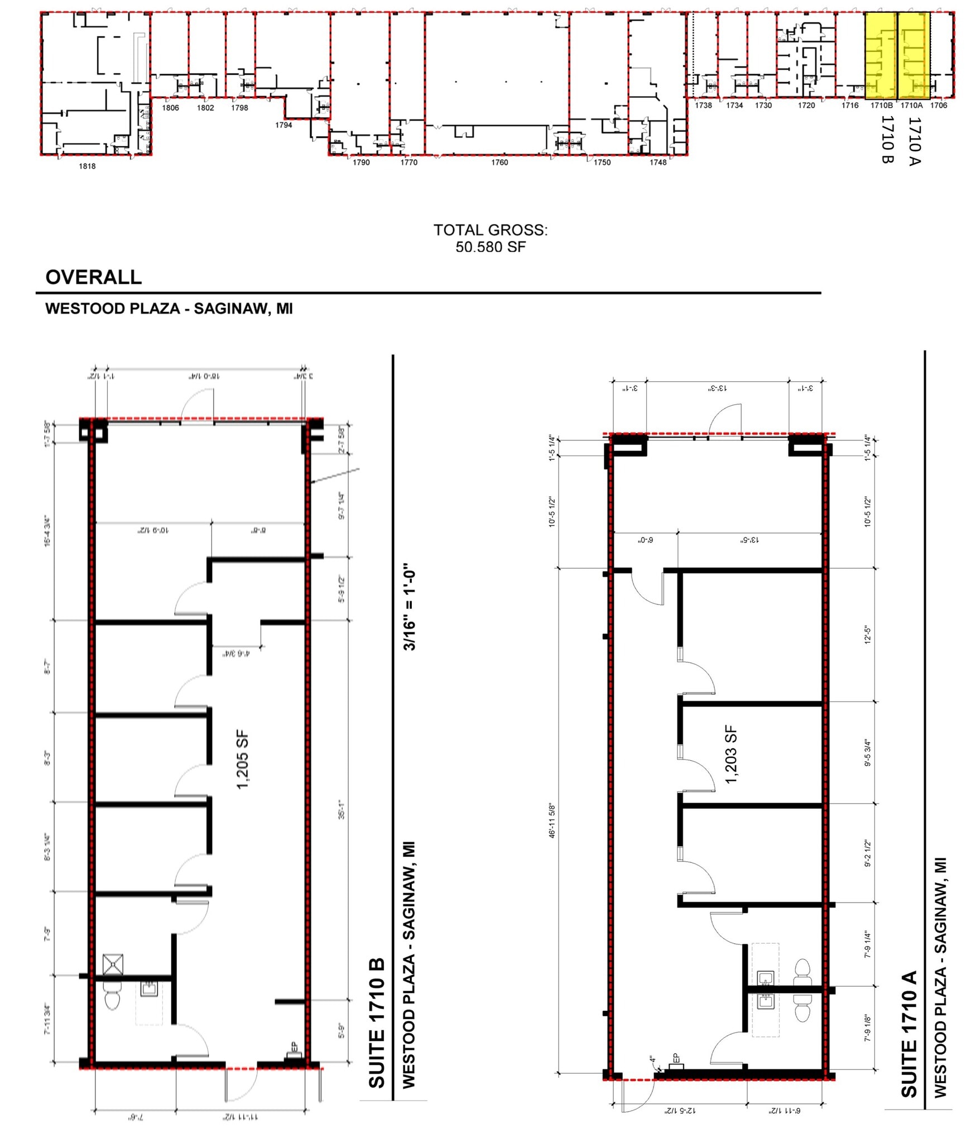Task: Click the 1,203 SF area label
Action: (x=731, y=755)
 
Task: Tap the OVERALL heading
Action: (x=93, y=277)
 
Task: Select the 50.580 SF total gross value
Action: (x=490, y=247)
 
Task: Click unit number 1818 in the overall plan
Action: (x=87, y=166)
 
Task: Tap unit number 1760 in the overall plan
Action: (x=499, y=162)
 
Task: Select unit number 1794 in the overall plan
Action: (x=283, y=125)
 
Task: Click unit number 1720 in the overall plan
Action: (x=806, y=105)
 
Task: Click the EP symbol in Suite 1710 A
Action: (x=676, y=1060)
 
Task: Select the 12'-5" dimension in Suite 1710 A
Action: (x=867, y=635)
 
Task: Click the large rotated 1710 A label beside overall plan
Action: (x=914, y=141)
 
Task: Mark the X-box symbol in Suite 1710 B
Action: (x=113, y=964)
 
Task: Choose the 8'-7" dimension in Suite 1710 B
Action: (x=48, y=666)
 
